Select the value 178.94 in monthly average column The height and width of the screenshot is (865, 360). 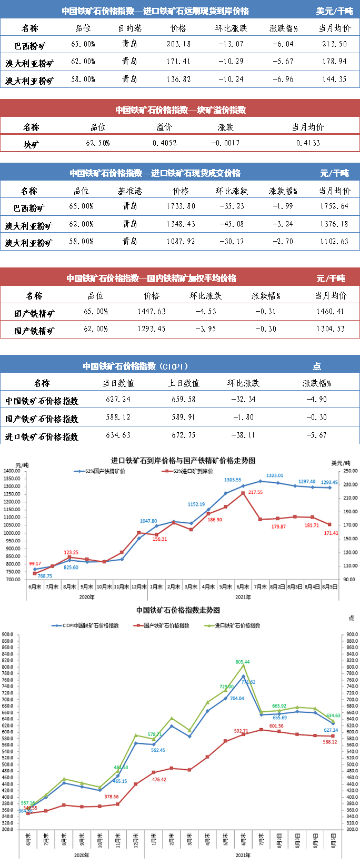(x=335, y=62)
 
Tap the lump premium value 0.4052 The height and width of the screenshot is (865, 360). (x=164, y=143)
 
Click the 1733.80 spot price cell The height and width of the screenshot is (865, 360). (x=181, y=206)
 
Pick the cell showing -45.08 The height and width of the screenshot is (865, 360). (x=231, y=224)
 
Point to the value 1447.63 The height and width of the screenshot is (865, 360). (x=151, y=312)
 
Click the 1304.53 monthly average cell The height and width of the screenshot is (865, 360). (x=331, y=329)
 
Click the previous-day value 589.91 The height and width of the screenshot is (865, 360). (x=183, y=417)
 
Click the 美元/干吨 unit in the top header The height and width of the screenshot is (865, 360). (x=334, y=11)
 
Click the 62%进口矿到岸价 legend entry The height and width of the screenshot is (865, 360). (x=190, y=471)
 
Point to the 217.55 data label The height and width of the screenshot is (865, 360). (x=255, y=492)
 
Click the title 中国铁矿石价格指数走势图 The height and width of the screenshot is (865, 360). (x=178, y=610)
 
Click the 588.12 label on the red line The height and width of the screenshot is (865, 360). (x=329, y=742)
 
